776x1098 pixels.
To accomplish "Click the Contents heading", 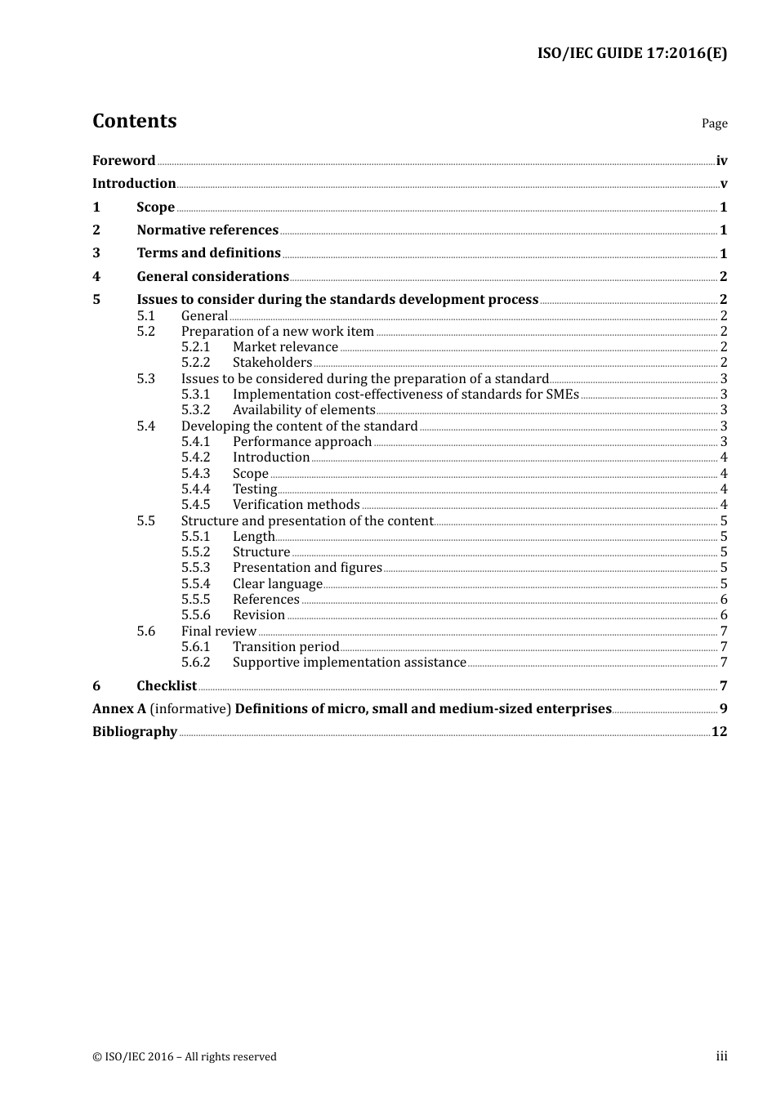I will point(134,121).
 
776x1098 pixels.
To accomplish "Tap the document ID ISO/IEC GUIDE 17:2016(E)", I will point(631,54).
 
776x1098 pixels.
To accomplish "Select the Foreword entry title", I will point(123,161).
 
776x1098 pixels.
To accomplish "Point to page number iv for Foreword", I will point(721,161).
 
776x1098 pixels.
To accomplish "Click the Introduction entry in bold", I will point(134,184).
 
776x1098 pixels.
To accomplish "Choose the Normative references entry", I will point(207,230).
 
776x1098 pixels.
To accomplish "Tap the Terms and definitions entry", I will point(208,253).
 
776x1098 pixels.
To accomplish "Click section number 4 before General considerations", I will point(96,277).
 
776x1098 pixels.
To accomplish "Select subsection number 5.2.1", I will point(195,347).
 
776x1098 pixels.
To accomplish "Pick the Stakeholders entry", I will point(272,363).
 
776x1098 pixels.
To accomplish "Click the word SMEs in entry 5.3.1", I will point(563,395).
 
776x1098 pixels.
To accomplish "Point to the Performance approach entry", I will point(302,442).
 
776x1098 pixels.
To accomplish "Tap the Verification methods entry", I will point(296,505).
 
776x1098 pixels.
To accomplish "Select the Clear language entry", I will point(277,584).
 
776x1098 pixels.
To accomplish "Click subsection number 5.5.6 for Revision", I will point(195,615).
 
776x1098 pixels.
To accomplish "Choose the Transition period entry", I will point(285,647).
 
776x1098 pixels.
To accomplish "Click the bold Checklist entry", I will point(167,686).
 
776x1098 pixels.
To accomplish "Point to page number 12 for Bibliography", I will point(719,732).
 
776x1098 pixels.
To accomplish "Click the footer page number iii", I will point(721,1056).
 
